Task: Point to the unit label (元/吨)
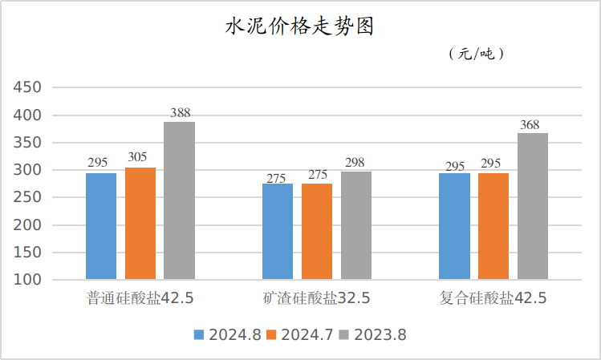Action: click(476, 55)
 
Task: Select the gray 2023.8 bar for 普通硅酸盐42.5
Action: click(180, 200)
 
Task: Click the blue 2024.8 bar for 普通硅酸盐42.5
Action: click(101, 226)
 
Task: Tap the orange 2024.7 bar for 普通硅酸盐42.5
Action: click(140, 224)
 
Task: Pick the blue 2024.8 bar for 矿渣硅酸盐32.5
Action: click(278, 232)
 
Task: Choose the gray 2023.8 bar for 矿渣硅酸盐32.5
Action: click(356, 225)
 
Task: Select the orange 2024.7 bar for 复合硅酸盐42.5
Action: click(493, 226)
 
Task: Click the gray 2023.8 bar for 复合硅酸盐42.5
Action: click(533, 206)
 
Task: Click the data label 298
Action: click(355, 163)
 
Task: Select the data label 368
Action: click(530, 124)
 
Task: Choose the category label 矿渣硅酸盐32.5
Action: click(317, 298)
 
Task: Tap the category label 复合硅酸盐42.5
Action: click(493, 298)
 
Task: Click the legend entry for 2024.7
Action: click(299, 335)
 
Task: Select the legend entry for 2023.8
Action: click(372, 335)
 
